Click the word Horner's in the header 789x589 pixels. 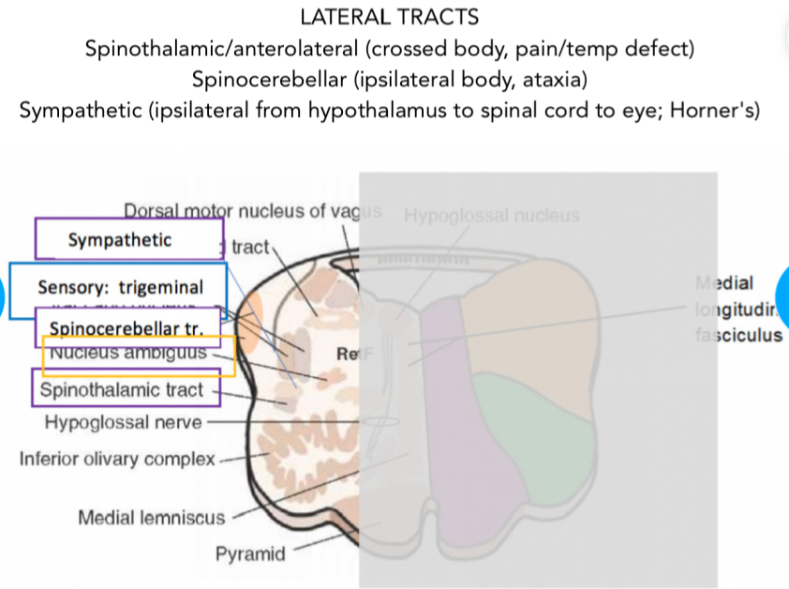coord(712,110)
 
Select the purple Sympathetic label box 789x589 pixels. coord(128,240)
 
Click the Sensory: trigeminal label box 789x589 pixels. coord(118,287)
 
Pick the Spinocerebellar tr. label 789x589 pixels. coord(128,327)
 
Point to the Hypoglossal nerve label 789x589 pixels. coord(123,422)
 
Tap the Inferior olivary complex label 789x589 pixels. coord(118,459)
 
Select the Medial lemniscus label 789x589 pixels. coord(152,518)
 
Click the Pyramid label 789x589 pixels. coord(250,554)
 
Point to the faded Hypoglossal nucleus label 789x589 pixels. coord(492,215)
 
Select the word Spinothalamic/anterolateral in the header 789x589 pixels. coord(215,48)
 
